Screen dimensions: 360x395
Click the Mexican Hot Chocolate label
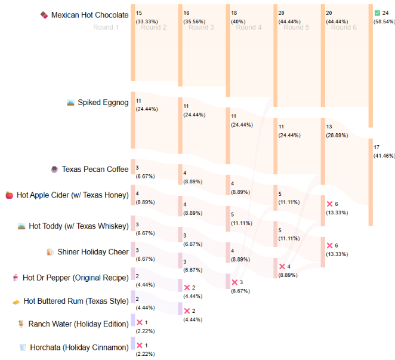(x=90, y=14)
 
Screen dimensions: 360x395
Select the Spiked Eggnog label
(x=103, y=102)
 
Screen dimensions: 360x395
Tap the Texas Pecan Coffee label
(x=95, y=169)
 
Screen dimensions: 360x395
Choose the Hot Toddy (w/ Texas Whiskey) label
(x=78, y=226)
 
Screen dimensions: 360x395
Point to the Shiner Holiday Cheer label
(x=92, y=251)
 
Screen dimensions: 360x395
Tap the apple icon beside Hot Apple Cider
(x=9, y=195)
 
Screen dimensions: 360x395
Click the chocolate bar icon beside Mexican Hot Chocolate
(x=44, y=14)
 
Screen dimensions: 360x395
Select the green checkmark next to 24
(x=377, y=13)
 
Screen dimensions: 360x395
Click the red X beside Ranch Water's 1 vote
(x=140, y=322)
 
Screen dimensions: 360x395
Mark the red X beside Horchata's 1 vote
(x=140, y=345)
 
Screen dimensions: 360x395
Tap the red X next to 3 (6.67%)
(x=234, y=282)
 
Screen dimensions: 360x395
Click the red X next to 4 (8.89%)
(x=282, y=266)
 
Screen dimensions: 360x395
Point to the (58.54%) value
(x=384, y=21)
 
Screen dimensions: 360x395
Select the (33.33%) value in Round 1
(x=147, y=21)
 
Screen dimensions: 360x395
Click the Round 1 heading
(x=106, y=27)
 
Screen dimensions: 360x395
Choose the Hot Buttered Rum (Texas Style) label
(x=75, y=301)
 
